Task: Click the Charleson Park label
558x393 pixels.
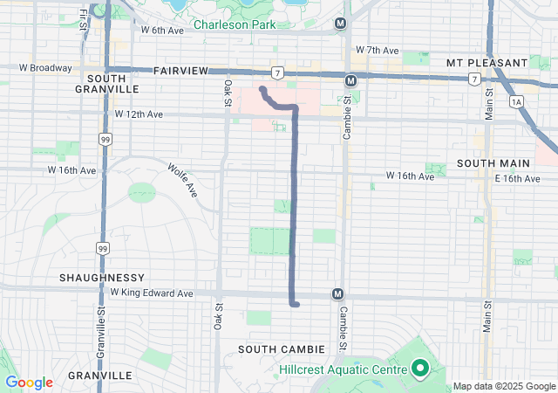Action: pos(234,24)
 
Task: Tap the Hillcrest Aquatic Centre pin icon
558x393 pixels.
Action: pos(418,369)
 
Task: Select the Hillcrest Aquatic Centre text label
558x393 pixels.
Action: pos(343,369)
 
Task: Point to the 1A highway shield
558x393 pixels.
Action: pos(518,102)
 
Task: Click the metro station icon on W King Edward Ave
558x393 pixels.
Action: pos(337,294)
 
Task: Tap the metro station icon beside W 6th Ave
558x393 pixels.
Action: pos(340,23)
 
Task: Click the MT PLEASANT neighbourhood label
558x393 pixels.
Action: pos(486,63)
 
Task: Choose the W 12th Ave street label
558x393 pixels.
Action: pos(139,114)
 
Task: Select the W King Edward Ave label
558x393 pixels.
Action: pos(152,293)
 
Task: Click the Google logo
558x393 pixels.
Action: pos(29,383)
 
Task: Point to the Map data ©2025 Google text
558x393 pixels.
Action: pos(503,387)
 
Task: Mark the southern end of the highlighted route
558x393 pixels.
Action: pos(297,304)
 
